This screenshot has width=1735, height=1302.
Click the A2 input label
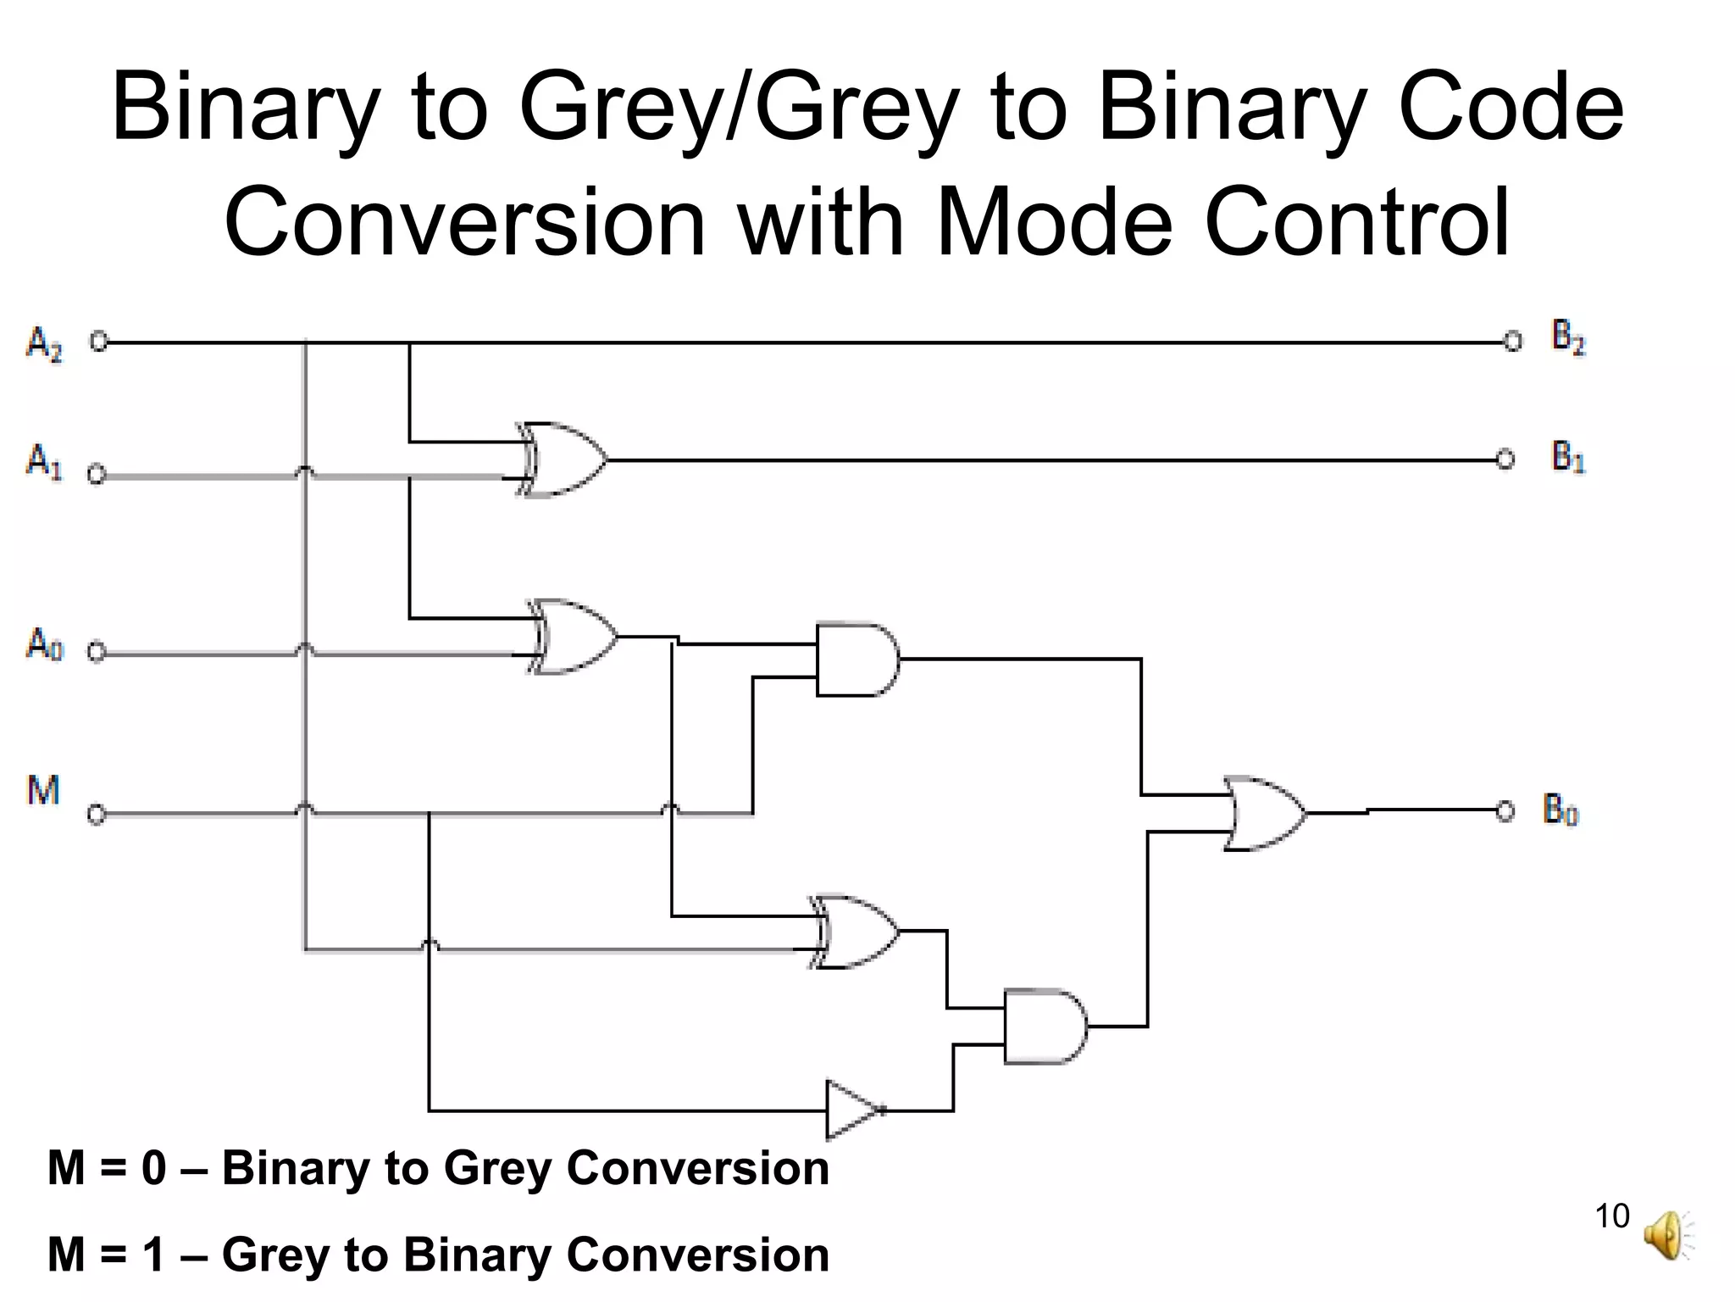click(44, 343)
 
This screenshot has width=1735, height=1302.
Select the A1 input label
click(44, 462)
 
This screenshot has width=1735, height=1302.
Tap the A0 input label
click(44, 643)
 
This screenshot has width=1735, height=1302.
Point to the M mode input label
click(43, 790)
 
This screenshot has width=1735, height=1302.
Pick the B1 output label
click(1567, 457)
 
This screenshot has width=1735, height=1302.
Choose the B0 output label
click(1560, 810)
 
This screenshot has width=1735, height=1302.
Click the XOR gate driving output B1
click(563, 459)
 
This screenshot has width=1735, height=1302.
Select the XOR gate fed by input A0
click(573, 637)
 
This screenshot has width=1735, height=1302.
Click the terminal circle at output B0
click(1505, 811)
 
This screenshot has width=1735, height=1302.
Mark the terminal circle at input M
click(97, 815)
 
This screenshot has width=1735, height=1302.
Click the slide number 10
click(1611, 1216)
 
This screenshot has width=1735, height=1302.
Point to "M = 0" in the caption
click(107, 1167)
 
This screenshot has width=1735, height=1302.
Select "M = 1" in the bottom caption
click(107, 1255)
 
